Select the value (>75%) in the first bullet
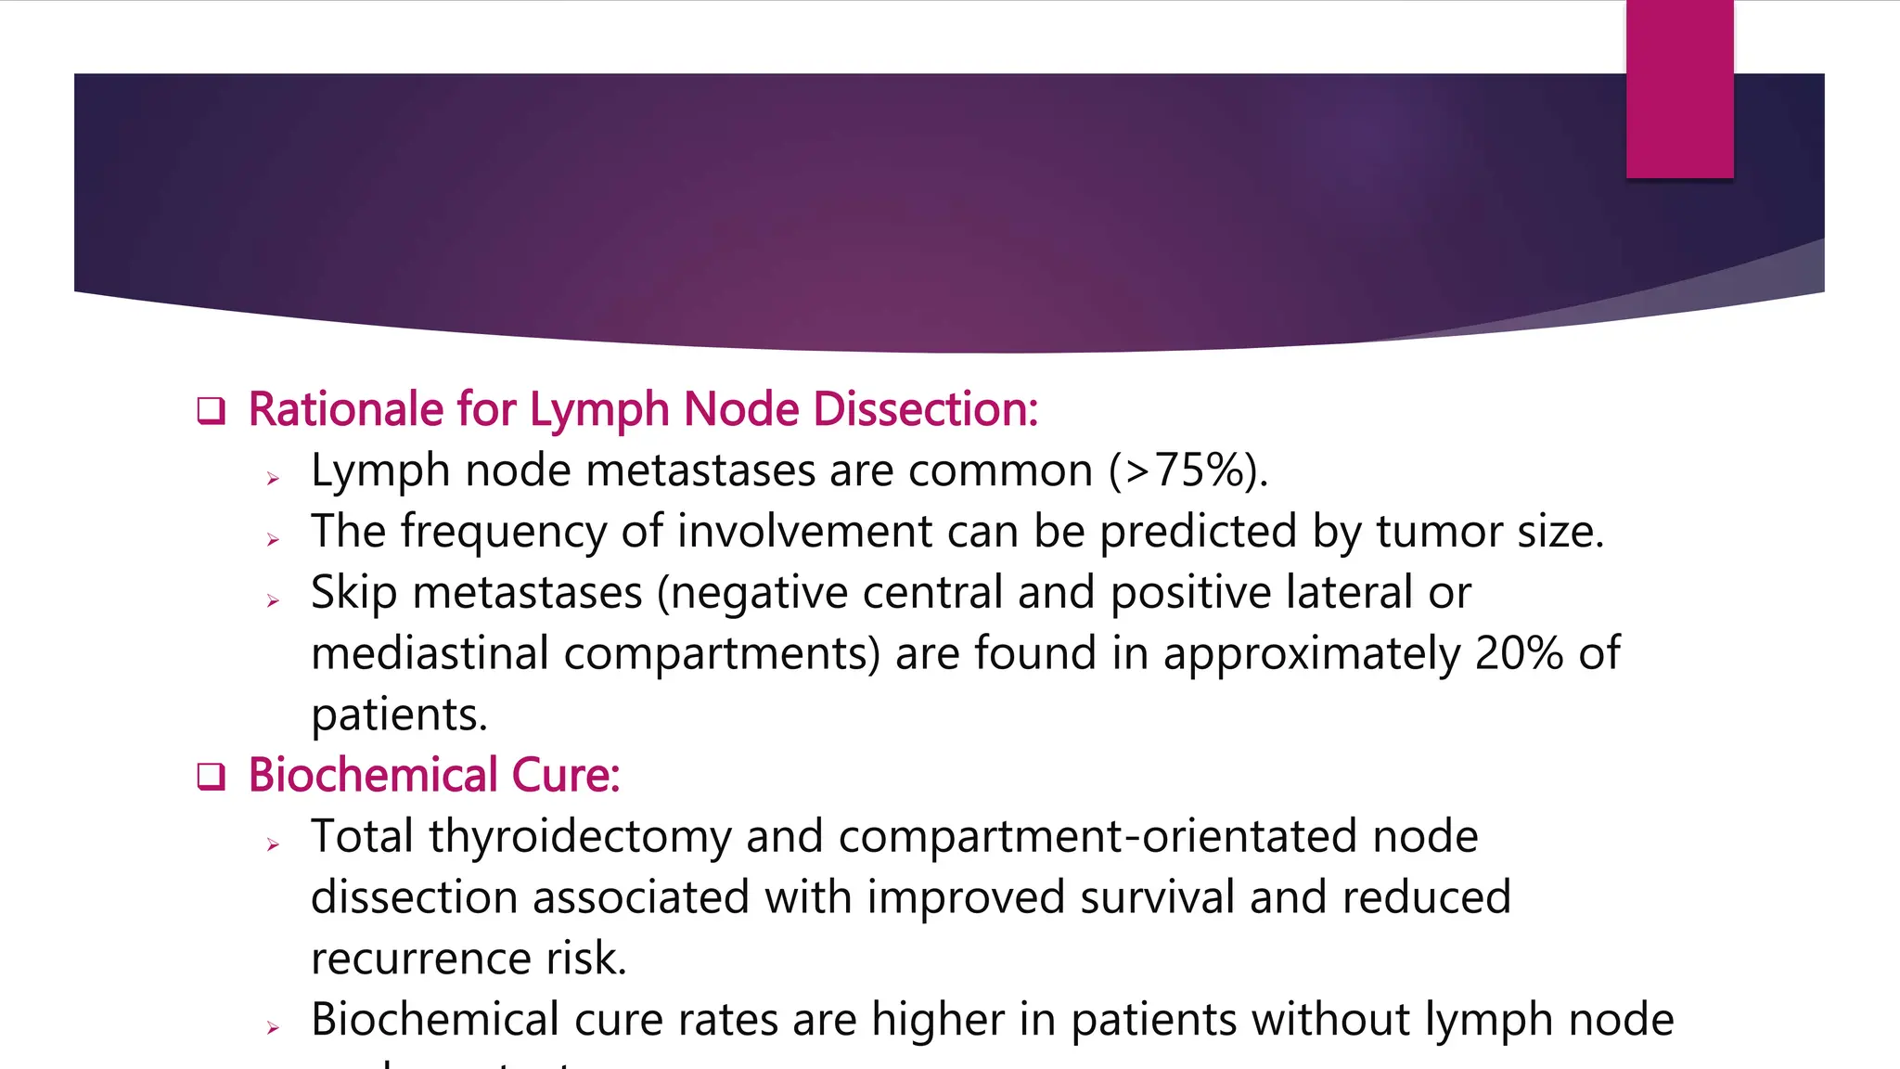1188,470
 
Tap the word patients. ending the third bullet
399,715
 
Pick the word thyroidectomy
580,836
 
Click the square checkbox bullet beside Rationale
212,410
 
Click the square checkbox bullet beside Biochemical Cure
212,776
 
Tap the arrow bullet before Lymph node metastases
273,479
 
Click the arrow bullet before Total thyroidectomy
273,844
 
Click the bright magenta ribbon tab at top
1679,89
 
